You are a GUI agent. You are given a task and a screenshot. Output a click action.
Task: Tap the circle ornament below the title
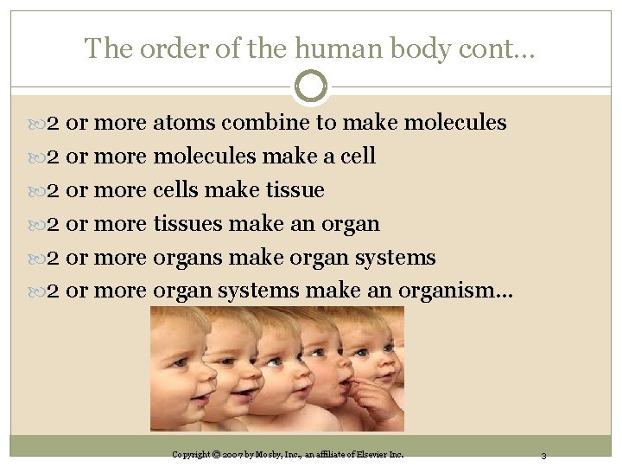pyautogui.click(x=311, y=86)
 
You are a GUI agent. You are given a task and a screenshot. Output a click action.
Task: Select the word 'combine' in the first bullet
pyautogui.click(x=266, y=123)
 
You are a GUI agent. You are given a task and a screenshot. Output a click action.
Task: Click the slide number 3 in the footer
pyautogui.click(x=543, y=455)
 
